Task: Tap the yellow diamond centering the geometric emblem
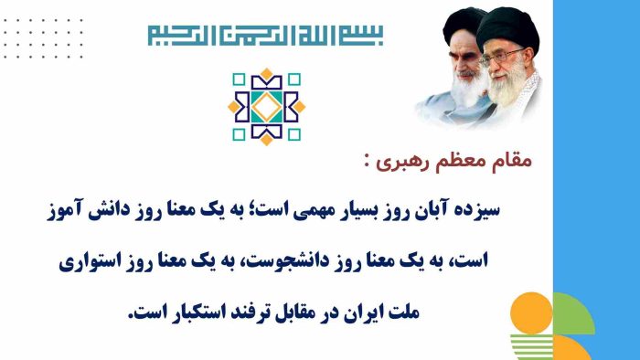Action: coord(266,107)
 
